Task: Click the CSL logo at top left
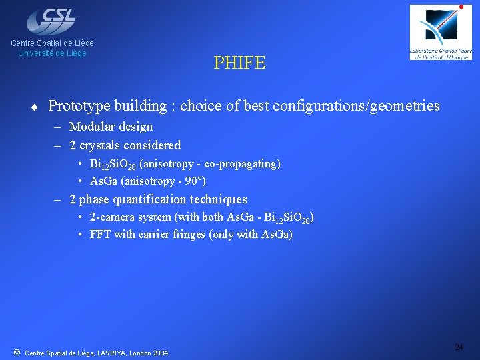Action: click(x=51, y=21)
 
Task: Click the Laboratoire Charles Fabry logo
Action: click(x=440, y=33)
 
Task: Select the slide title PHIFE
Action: click(x=239, y=63)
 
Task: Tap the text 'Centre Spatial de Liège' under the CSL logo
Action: click(x=52, y=43)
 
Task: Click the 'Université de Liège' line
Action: click(x=52, y=53)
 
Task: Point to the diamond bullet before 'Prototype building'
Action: click(x=33, y=106)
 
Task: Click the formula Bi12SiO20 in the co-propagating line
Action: click(x=113, y=164)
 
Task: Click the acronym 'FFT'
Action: click(x=101, y=235)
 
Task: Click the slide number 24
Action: click(x=459, y=347)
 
